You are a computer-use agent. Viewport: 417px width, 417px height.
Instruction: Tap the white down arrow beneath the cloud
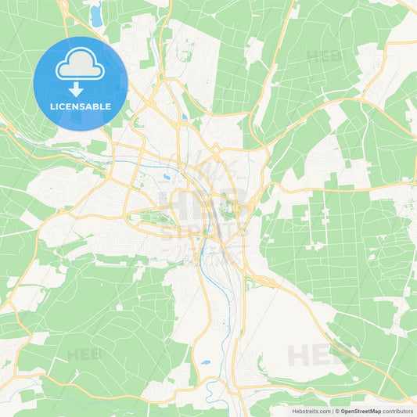(x=81, y=89)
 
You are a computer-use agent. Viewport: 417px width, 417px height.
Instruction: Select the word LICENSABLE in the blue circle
(x=81, y=106)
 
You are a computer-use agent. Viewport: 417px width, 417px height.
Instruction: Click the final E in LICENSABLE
(x=108, y=106)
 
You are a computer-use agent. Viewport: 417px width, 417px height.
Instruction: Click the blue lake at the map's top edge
(x=96, y=14)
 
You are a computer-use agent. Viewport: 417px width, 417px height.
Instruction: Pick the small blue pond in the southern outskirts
(x=205, y=362)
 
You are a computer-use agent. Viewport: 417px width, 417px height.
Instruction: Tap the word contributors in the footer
(x=397, y=411)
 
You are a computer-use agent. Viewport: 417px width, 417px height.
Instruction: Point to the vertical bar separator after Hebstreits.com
(x=332, y=411)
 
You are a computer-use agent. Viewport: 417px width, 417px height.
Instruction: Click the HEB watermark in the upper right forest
(x=324, y=56)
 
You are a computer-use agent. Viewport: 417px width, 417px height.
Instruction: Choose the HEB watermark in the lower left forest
(x=85, y=354)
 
